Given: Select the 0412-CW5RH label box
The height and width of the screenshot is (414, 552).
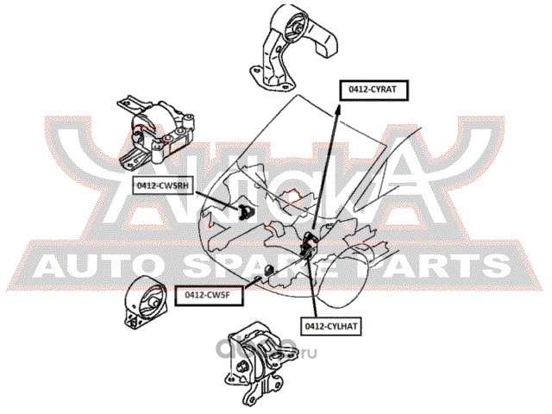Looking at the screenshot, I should point(160,185).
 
